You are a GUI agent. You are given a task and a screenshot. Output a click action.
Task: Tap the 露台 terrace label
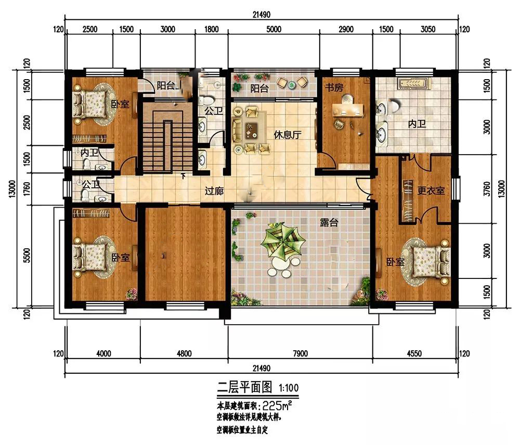(x=329, y=223)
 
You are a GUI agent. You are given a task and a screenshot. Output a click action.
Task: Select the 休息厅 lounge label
(x=288, y=135)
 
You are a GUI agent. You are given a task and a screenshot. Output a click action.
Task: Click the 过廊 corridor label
(x=214, y=191)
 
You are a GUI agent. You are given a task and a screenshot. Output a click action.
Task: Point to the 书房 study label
(x=334, y=87)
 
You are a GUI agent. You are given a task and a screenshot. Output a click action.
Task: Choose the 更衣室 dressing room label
(x=431, y=191)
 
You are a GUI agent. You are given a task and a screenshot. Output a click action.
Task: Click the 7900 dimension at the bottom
(x=300, y=354)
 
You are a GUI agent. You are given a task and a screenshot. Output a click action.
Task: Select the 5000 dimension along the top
(x=274, y=29)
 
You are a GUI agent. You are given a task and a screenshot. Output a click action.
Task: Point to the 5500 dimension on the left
(x=27, y=255)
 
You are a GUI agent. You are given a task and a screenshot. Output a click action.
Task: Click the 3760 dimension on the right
(x=487, y=188)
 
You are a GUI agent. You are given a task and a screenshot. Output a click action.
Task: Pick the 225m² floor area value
(x=277, y=405)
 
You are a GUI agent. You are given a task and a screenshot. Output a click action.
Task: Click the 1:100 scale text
(x=289, y=388)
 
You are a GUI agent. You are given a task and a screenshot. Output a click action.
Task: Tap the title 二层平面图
(x=244, y=387)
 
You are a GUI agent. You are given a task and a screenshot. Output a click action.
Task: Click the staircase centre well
(x=167, y=146)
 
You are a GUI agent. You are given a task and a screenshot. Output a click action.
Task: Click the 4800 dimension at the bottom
(x=184, y=354)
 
